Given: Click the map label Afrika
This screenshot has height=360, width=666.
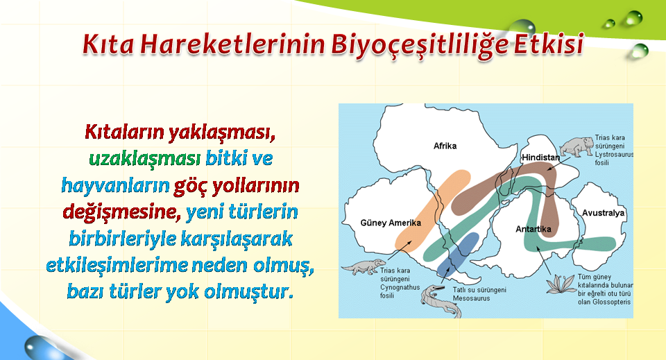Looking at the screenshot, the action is (445, 146).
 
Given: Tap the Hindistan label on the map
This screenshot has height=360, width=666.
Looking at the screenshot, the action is (540, 157).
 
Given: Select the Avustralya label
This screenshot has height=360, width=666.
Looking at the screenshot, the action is (603, 213).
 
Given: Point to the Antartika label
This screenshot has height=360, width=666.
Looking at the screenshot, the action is (533, 229).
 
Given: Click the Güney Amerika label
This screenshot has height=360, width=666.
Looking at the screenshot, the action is (391, 223).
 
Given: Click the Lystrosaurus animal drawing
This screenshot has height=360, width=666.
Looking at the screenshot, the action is (576, 146).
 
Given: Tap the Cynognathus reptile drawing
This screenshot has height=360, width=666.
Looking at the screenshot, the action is (364, 267).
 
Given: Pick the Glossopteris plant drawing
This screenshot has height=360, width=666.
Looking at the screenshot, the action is (561, 284).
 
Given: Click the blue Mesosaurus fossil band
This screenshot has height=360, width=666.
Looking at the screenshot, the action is (458, 254).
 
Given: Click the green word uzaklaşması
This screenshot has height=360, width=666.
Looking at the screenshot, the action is (145, 159).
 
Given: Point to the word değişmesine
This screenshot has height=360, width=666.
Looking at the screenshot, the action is (120, 212).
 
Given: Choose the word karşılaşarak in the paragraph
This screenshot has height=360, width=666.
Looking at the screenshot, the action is (237, 239).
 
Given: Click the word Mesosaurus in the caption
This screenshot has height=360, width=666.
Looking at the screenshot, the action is (471, 298).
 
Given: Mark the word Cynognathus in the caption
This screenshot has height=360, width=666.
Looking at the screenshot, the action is (400, 287).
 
